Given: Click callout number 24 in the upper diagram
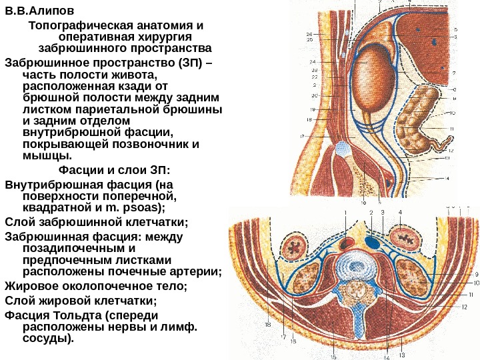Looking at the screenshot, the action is [313, 62].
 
